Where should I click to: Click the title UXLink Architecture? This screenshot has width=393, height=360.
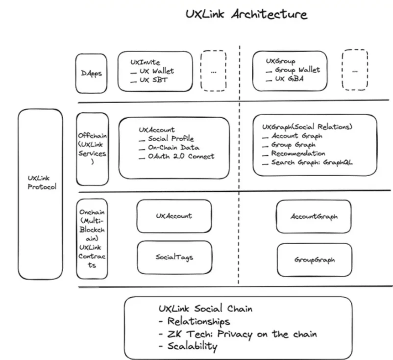click(x=246, y=14)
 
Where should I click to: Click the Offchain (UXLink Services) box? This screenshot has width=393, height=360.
click(x=92, y=149)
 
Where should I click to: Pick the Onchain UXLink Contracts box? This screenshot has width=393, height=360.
click(x=92, y=238)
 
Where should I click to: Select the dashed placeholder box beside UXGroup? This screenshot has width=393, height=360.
click(x=355, y=70)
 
